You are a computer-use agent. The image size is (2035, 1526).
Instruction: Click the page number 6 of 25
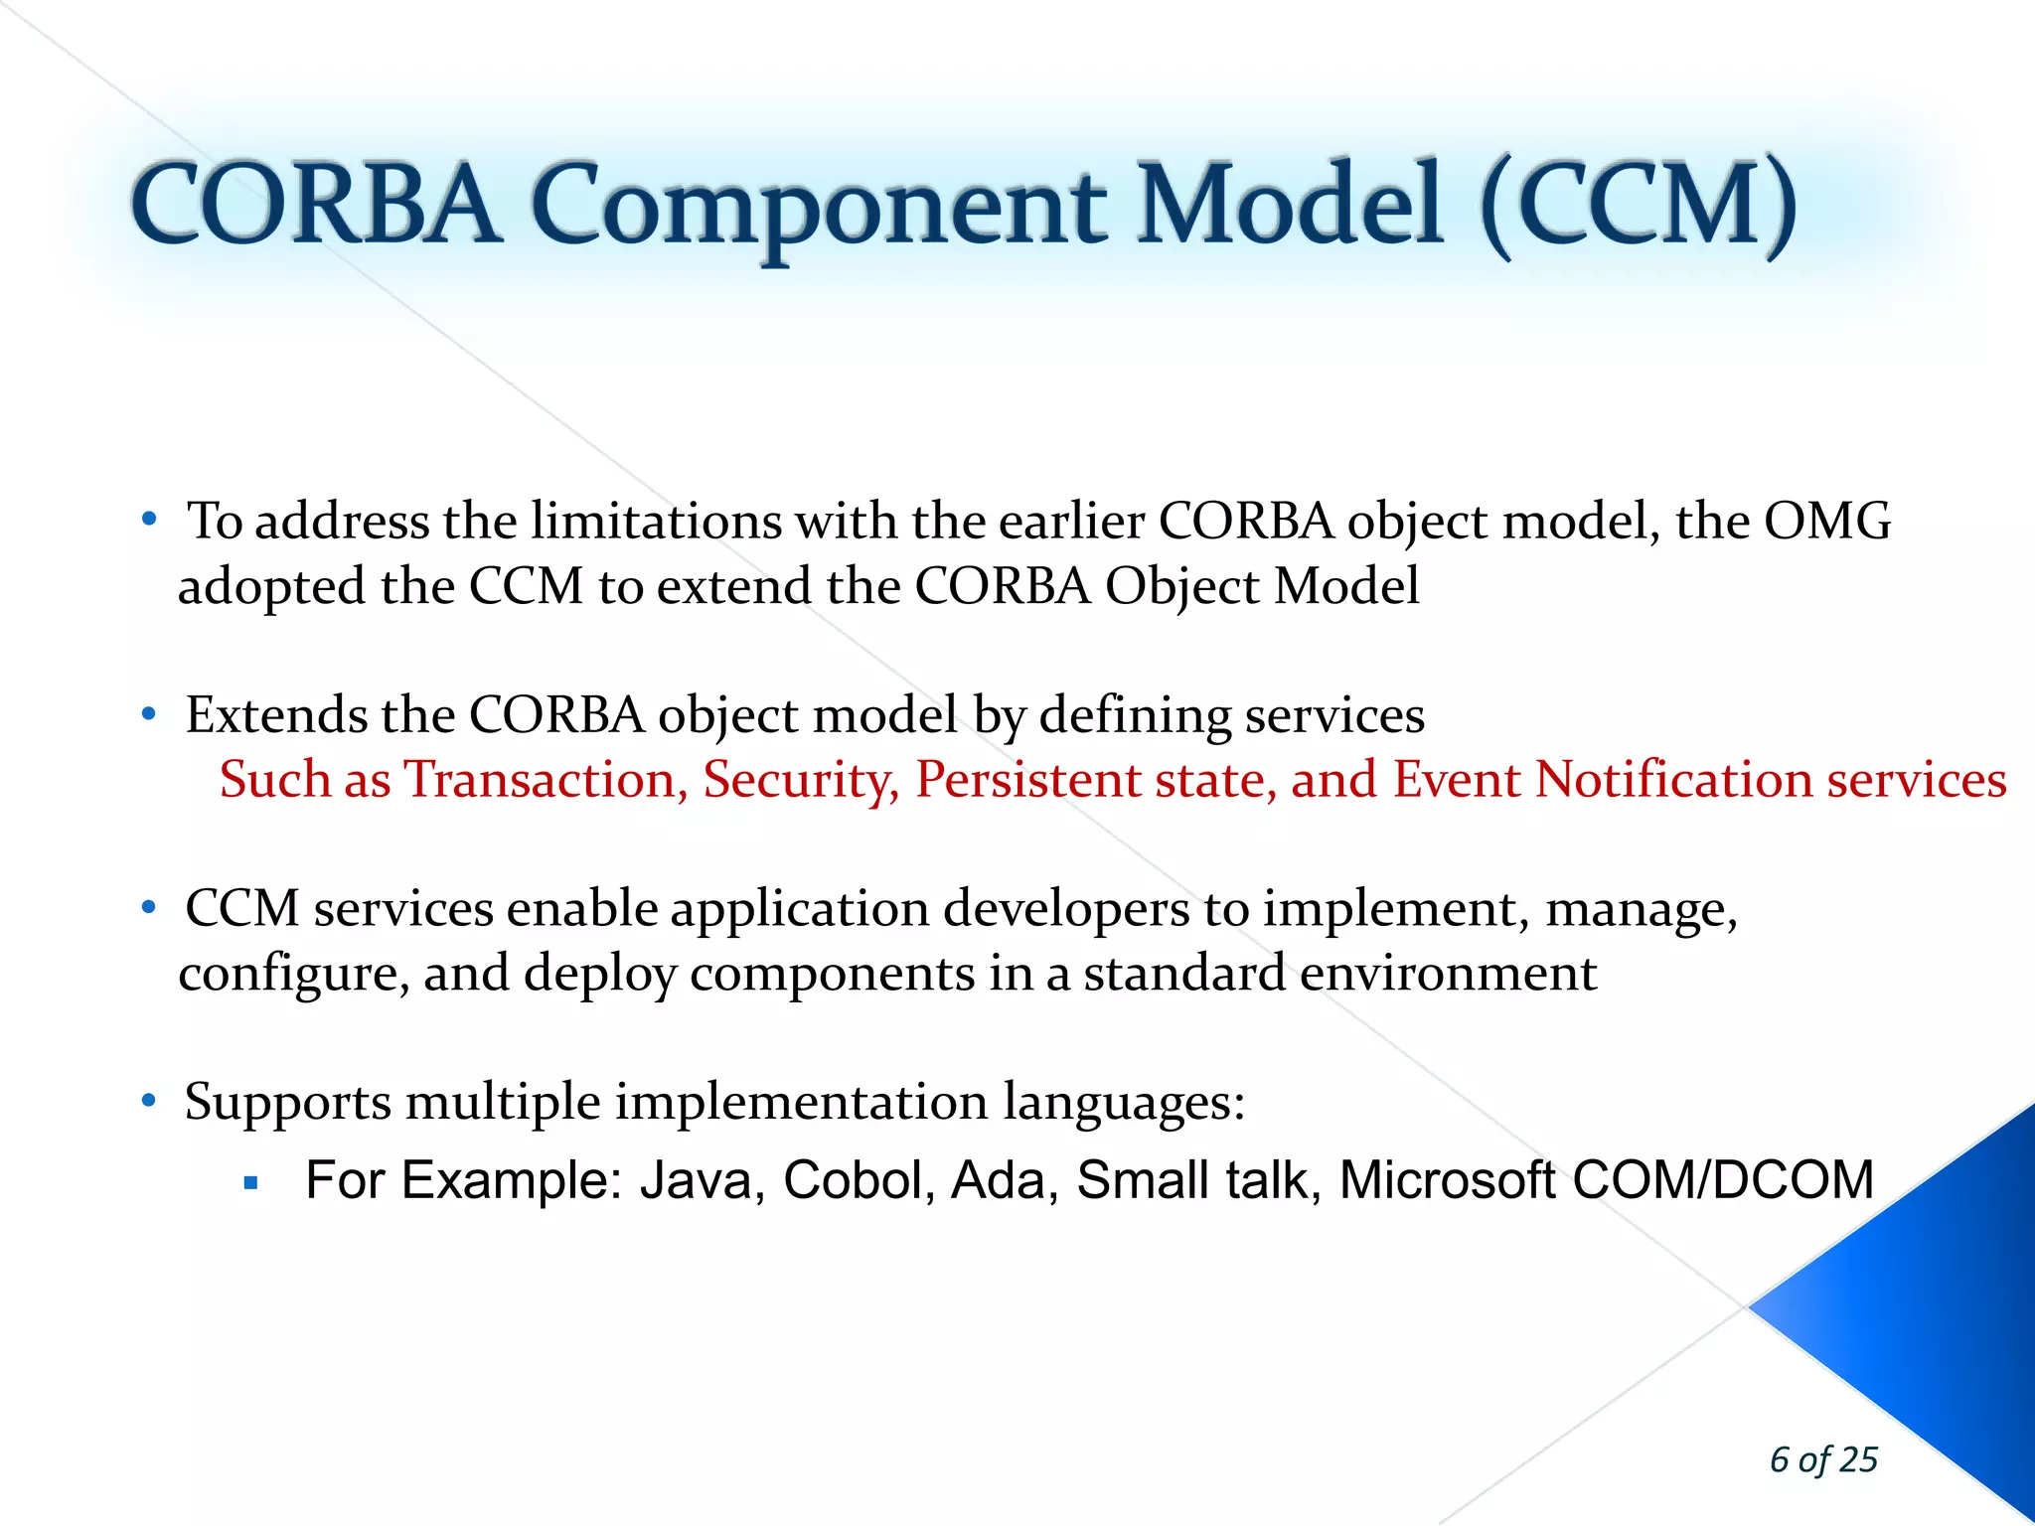coord(1823,1459)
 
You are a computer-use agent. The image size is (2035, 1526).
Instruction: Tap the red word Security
coord(801,780)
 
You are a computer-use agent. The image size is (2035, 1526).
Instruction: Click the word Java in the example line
coord(702,1181)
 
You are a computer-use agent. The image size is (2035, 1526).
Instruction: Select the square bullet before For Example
coord(250,1183)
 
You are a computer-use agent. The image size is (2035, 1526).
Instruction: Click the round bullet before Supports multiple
coord(149,1100)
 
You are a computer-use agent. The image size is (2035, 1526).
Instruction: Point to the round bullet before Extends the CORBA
coord(149,713)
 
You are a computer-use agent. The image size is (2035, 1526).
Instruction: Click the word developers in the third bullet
coord(1065,909)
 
